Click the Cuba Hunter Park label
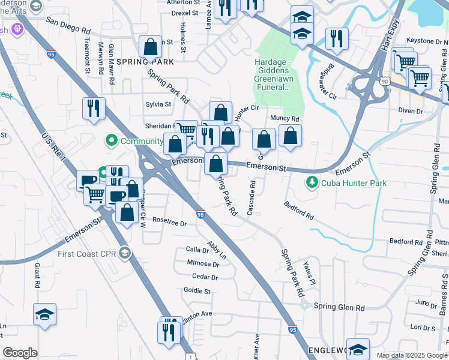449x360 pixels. [353, 183]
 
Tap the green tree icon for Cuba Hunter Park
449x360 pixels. [311, 182]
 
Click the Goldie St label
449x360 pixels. [197, 291]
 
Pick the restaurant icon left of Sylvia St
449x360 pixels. [94, 108]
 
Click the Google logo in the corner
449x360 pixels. [20, 353]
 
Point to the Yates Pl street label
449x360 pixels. [310, 273]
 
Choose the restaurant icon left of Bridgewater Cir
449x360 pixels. [336, 38]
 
